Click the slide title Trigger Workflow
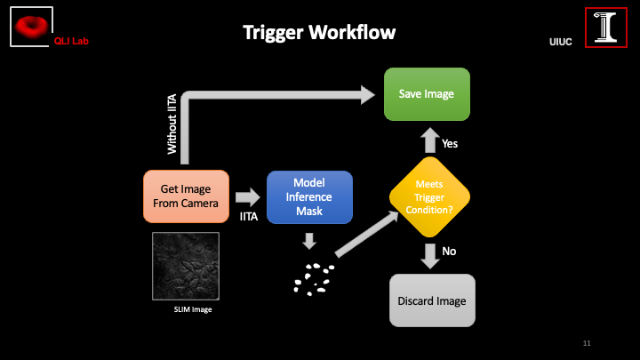tap(319, 33)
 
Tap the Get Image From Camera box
tap(187, 196)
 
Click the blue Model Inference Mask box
tap(308, 196)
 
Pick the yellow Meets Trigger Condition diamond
tap(430, 196)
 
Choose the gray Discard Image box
tap(433, 301)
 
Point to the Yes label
tap(450, 143)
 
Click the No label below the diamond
tap(449, 252)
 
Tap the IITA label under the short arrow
tap(251, 217)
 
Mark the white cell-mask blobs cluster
tap(312, 278)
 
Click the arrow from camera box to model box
tap(249, 196)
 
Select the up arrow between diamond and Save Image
tap(429, 140)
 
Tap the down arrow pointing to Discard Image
tap(430, 254)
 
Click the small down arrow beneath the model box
tap(308, 240)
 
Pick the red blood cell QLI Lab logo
tap(32, 26)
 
